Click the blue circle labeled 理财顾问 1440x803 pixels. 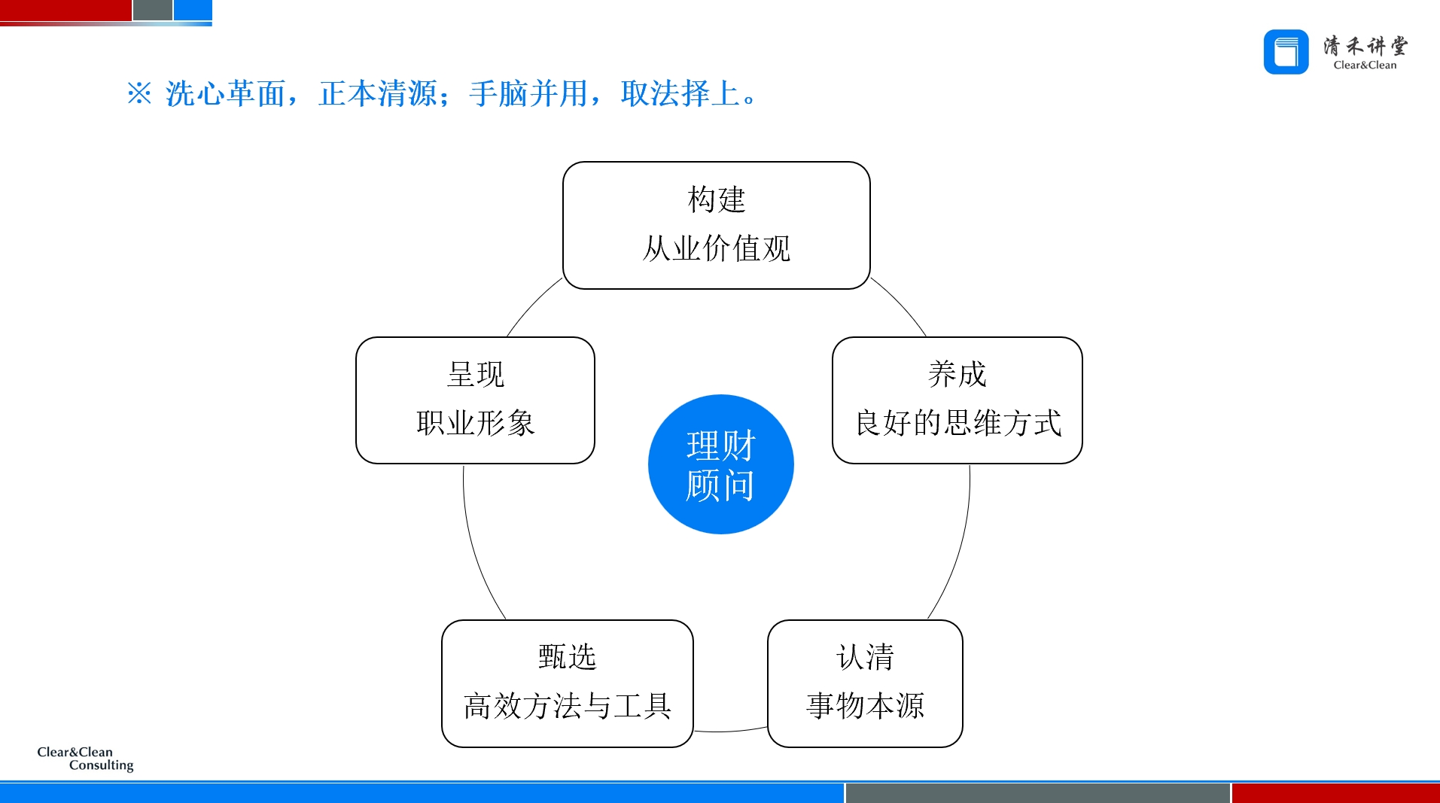720,464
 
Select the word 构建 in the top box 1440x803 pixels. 716,200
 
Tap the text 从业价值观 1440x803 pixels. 716,248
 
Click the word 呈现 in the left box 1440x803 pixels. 475,374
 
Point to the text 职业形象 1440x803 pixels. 475,423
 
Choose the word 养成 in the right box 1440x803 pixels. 957,374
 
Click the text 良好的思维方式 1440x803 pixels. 957,423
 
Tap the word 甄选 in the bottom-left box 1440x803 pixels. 567,657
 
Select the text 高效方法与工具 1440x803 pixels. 567,706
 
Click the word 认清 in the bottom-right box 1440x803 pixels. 865,657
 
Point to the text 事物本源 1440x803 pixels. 865,706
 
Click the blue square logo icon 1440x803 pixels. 1286,52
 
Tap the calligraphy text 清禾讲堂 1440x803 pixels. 1365,46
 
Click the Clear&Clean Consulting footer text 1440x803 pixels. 85,759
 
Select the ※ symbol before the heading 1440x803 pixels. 139,94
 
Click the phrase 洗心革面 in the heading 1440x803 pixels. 225,94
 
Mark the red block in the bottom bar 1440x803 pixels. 1335,793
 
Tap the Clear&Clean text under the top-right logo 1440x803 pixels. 1365,65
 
